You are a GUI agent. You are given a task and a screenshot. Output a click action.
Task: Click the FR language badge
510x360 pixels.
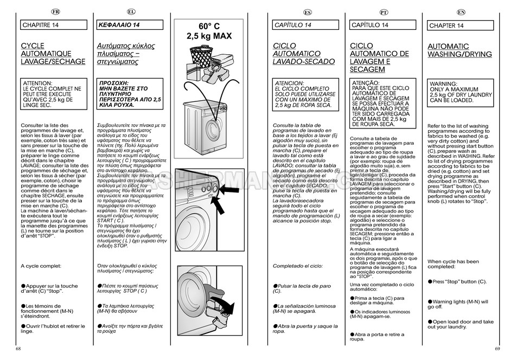55,11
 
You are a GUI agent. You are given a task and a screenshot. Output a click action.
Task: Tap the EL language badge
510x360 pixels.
131,11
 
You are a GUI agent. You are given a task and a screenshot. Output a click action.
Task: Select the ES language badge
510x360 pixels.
307,12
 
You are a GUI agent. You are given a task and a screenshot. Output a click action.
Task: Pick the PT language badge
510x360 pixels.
383,12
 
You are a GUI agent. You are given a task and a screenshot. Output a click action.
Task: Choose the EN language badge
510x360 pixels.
461,12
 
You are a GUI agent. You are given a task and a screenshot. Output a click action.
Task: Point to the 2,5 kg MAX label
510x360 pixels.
209,36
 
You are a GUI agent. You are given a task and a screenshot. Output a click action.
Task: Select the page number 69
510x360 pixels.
497,348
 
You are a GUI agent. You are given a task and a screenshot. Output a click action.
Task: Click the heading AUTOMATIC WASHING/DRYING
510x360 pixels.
460,50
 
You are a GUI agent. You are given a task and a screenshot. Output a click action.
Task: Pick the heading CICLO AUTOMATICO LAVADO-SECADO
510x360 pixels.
297,54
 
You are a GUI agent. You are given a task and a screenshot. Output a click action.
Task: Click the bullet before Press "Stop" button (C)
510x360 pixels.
430,281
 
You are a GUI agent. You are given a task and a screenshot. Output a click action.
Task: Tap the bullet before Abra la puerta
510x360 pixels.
275,325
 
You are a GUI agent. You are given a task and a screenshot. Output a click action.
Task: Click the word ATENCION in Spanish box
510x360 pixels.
290,83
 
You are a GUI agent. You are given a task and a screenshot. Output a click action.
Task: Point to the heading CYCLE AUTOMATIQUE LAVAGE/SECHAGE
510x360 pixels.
53,54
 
